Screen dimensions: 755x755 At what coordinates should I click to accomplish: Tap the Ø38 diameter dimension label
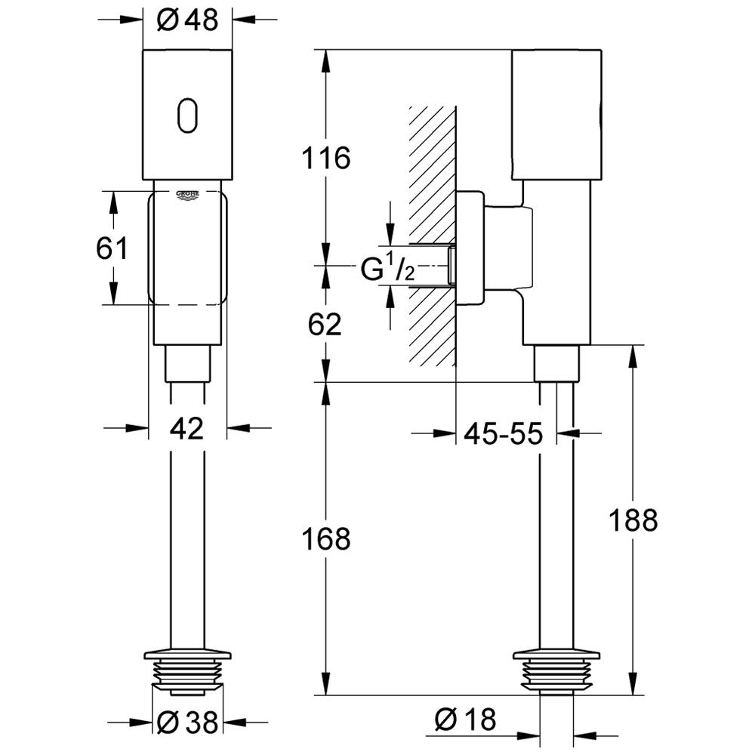pos(187,722)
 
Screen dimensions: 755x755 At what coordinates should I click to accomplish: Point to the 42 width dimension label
pos(187,430)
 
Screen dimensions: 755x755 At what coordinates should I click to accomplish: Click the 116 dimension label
pos(326,159)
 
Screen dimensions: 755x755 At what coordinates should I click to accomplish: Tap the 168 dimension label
pos(326,539)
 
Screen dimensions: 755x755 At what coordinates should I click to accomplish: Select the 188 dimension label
pos(633,519)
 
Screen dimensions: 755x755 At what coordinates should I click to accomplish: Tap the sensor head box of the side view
pos(556,115)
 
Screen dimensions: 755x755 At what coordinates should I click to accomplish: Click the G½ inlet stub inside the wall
pos(450,265)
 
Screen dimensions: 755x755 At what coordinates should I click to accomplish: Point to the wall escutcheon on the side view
pos(470,249)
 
